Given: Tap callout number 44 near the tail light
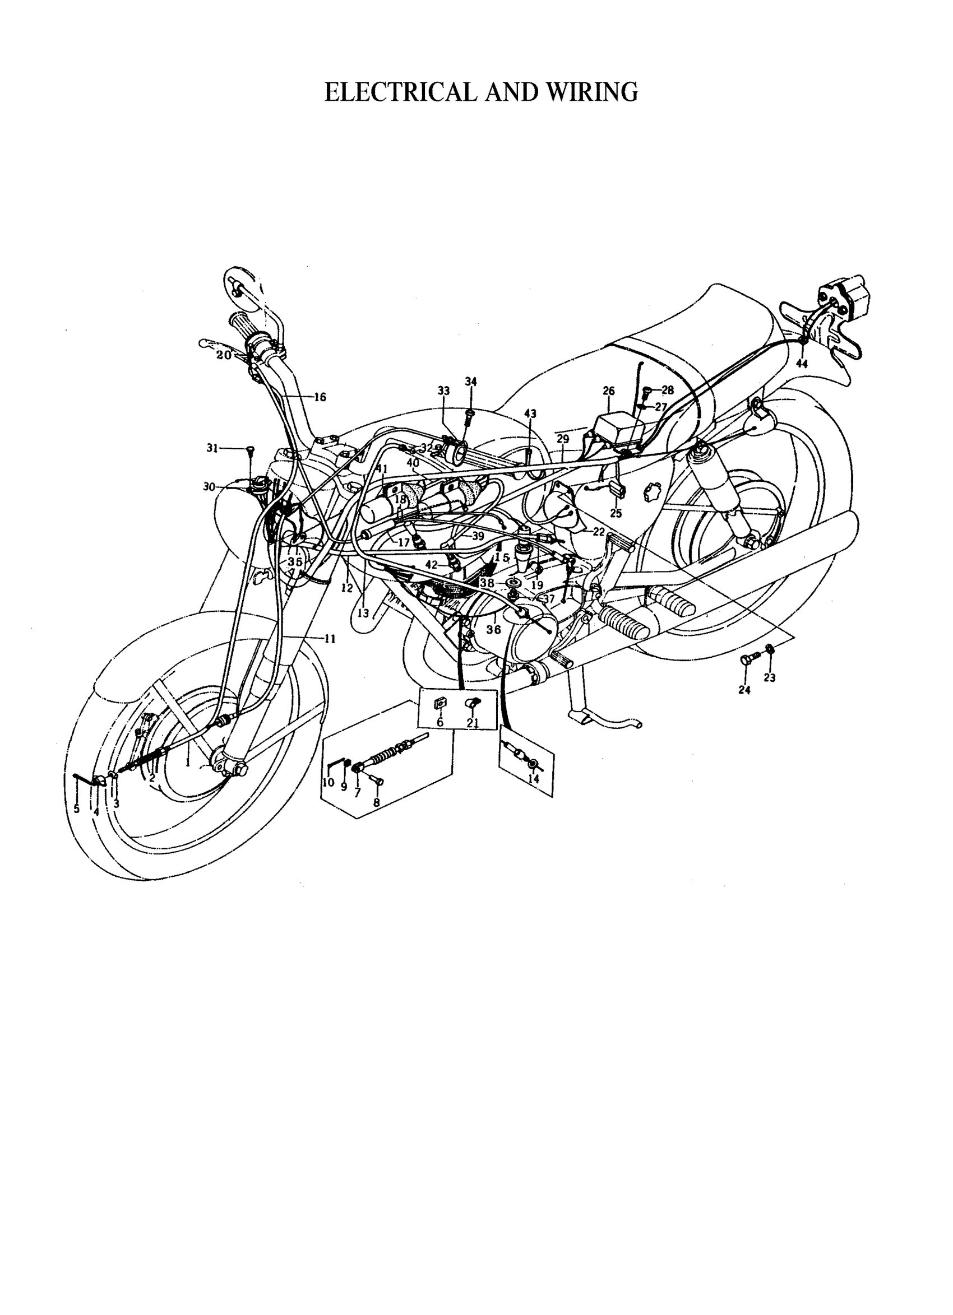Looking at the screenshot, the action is pos(802,364).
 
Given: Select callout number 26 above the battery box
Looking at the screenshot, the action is pos(608,392).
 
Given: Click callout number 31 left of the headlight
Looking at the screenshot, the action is pos(213,448).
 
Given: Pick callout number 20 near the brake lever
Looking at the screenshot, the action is pos(224,355).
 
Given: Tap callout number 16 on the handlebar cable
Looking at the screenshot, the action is pos(320,397).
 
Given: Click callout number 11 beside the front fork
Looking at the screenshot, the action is pos(330,639).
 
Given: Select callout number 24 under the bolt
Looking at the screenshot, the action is pos(744,690).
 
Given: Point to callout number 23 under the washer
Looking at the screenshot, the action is pos(770,677).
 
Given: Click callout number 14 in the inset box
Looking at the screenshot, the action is pos(533,779).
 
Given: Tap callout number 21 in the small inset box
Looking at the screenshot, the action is pos(473,722).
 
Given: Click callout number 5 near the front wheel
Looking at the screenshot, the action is pos(77,809).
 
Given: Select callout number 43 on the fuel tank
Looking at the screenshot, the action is pos(530,413).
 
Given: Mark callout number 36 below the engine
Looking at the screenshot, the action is pos(494,629).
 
